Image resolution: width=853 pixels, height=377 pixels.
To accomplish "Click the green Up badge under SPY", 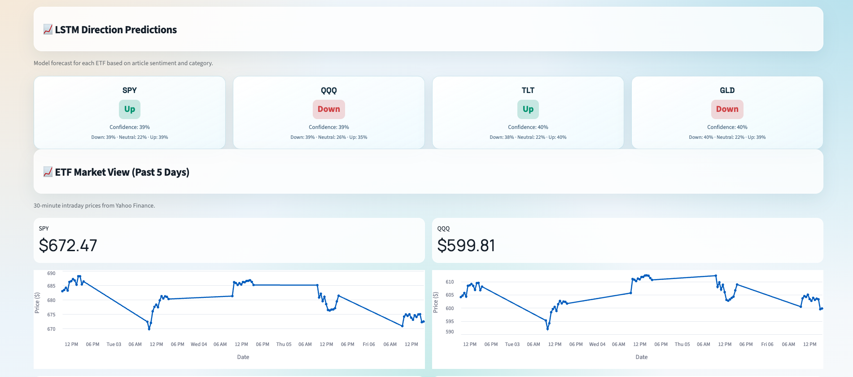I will point(129,109).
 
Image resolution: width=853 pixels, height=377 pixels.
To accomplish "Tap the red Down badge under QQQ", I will point(328,109).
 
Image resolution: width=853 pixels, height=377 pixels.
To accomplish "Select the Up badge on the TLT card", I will point(528,109).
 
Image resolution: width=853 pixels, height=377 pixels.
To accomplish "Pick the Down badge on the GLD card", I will point(727,109).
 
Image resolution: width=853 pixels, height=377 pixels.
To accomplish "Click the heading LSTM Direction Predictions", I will point(116,30).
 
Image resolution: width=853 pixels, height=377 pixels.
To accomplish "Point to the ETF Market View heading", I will point(122,172).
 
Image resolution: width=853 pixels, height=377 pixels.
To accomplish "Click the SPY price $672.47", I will point(68,245).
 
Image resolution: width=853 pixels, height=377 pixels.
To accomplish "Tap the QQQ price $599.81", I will point(466,245).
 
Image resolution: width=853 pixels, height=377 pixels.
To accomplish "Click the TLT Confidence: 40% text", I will point(528,127).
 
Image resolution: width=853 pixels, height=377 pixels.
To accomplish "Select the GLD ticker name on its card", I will point(727,90).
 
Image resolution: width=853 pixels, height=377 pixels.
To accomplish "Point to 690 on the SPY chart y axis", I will point(51,273).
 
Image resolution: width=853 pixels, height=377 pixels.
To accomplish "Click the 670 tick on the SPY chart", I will point(51,329).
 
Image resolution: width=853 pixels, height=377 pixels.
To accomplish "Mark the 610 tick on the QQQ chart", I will point(450,282).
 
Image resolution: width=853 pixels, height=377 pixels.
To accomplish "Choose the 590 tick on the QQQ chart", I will point(450,332).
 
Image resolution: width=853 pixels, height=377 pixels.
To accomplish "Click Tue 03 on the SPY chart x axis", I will point(114,344).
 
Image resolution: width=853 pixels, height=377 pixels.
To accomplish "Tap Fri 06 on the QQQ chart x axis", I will point(767,344).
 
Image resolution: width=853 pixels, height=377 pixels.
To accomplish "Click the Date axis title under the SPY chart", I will point(243,357).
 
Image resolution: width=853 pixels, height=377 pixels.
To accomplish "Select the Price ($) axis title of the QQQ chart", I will point(435,302).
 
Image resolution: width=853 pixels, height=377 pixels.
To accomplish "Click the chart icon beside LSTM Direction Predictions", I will point(48,30).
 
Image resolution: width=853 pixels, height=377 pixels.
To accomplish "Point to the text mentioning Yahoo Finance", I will point(94,205).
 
